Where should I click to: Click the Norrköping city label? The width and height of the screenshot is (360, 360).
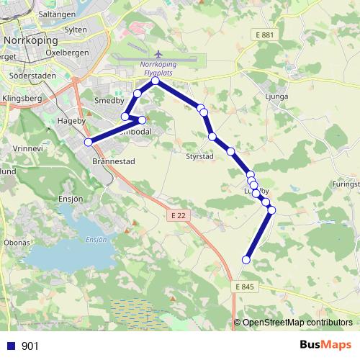(30, 40)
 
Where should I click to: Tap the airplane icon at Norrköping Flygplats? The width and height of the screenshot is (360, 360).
(157, 55)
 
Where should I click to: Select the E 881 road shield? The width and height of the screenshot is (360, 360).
(265, 35)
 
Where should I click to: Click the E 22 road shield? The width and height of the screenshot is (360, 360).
(179, 215)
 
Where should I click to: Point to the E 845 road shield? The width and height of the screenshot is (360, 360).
(245, 287)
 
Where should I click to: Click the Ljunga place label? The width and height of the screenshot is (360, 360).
(276, 96)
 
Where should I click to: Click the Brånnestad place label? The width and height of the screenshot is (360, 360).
(110, 163)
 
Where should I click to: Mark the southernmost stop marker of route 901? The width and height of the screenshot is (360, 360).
(246, 260)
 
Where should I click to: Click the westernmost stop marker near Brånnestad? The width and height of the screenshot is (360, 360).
(89, 142)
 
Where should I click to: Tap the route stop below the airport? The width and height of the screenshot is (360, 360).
(156, 81)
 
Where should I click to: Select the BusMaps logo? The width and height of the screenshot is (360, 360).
(325, 345)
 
